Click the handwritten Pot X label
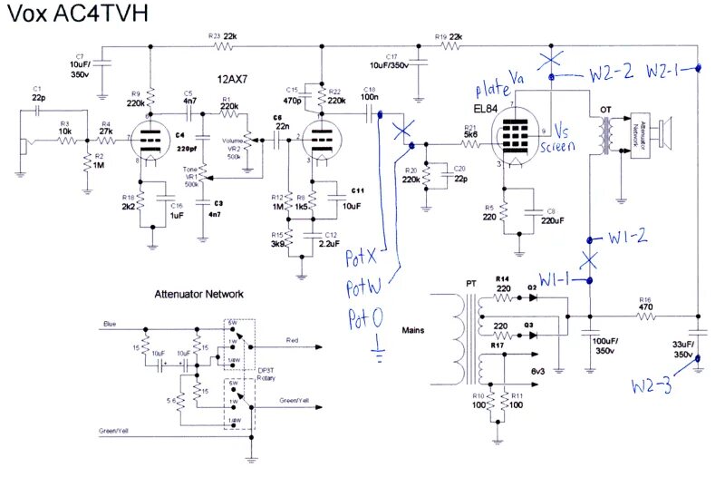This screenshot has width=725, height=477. [362, 259]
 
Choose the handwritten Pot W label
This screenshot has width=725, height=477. [363, 289]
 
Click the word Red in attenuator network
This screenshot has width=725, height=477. [293, 339]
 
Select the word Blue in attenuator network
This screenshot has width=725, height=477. [110, 324]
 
